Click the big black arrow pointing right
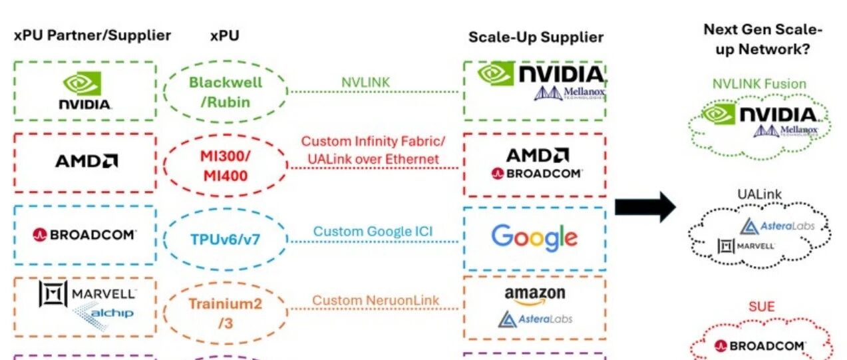click(x=644, y=207)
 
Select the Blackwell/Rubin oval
click(x=226, y=91)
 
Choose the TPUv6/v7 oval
click(x=225, y=238)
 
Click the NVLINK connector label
click(x=365, y=82)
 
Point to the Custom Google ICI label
click(x=373, y=232)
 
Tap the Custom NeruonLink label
click(x=376, y=301)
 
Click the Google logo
click(x=534, y=238)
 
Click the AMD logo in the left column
click(x=86, y=161)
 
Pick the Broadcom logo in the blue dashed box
click(x=84, y=235)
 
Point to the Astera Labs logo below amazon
click(x=535, y=319)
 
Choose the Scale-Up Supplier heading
click(x=536, y=37)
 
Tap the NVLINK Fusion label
click(x=759, y=84)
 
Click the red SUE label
click(x=761, y=307)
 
